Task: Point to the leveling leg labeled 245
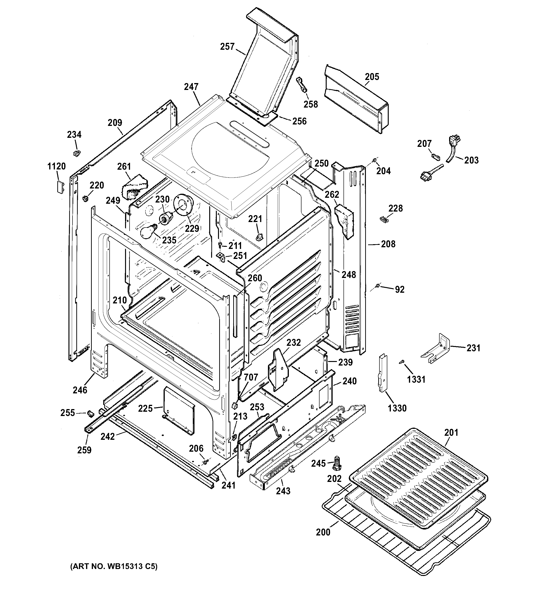pyautogui.click(x=337, y=464)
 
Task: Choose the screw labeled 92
pyautogui.click(x=378, y=286)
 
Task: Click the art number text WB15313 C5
pyautogui.click(x=114, y=566)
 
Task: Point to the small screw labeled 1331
pyautogui.click(x=401, y=361)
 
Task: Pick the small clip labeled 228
pyautogui.click(x=383, y=219)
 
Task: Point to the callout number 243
pyautogui.click(x=283, y=491)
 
